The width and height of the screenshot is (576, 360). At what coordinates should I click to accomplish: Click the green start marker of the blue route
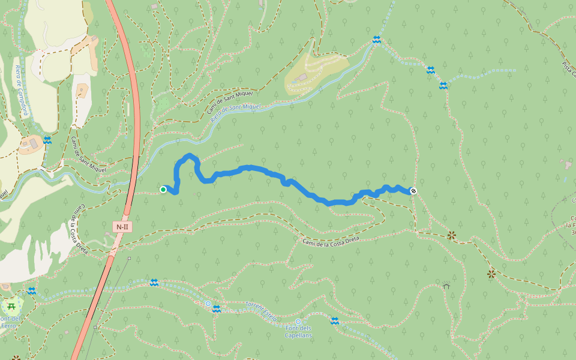click(163, 190)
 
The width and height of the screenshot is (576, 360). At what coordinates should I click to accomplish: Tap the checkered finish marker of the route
click(413, 191)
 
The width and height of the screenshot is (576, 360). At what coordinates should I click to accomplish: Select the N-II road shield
click(122, 227)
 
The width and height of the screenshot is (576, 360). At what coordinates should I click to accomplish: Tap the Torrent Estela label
click(261, 311)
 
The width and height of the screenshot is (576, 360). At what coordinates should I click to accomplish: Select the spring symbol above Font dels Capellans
click(298, 322)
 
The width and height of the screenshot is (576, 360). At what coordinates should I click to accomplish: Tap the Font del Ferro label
click(10, 322)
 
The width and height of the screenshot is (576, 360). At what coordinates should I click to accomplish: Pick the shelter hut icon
click(446, 286)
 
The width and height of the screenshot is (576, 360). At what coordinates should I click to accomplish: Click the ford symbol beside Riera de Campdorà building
click(47, 140)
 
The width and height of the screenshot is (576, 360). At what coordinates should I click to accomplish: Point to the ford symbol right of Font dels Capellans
click(335, 321)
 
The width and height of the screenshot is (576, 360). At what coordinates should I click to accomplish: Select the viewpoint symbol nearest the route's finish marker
click(451, 236)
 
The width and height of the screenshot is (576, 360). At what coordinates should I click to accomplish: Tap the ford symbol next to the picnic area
click(32, 291)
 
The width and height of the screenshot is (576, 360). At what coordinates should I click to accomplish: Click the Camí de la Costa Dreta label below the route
click(331, 240)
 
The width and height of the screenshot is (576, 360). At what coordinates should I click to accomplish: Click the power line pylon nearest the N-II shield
click(129, 258)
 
